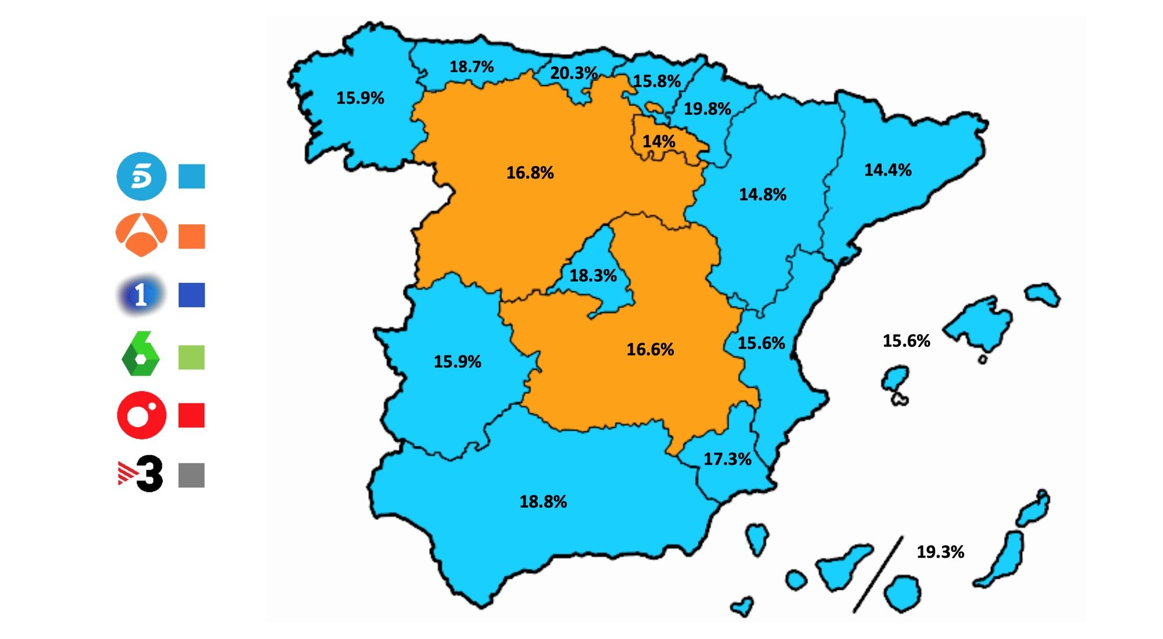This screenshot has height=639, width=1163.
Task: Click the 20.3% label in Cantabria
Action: pos(573,73)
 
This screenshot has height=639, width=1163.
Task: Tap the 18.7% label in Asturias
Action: pos(472,67)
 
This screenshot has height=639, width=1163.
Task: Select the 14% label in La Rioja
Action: pos(658,141)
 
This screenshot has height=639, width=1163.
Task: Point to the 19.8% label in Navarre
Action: pos(707,109)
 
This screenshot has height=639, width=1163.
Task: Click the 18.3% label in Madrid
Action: pos(593,275)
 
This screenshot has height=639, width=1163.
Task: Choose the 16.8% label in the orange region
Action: pos(530,173)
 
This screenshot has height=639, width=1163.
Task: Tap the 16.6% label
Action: pos(650,349)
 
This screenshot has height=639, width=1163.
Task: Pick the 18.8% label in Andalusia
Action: pos(543,501)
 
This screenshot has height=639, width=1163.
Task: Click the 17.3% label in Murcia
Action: pos(727,459)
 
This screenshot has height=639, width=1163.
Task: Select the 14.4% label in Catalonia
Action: pos(887,170)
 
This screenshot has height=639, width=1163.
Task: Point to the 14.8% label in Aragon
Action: pos(762,194)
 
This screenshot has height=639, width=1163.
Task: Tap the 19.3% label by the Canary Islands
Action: pos(940,551)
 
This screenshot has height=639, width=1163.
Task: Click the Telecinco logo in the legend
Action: pos(141,176)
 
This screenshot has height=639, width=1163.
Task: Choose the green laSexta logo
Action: pos(140,354)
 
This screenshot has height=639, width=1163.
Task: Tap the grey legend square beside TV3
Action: pos(191,475)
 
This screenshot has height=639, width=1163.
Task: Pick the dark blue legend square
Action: pos(191,295)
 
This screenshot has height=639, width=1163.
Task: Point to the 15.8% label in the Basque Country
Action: pos(657,81)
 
